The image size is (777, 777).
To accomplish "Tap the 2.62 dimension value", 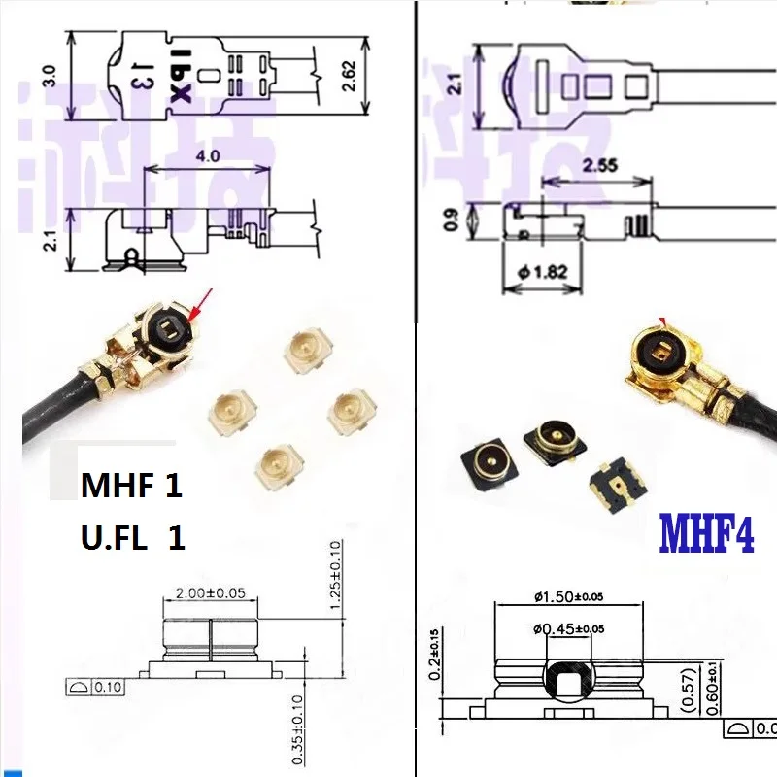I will [348, 84].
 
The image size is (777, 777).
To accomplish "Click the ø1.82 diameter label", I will [542, 273].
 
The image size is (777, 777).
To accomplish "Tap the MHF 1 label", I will [129, 486].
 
